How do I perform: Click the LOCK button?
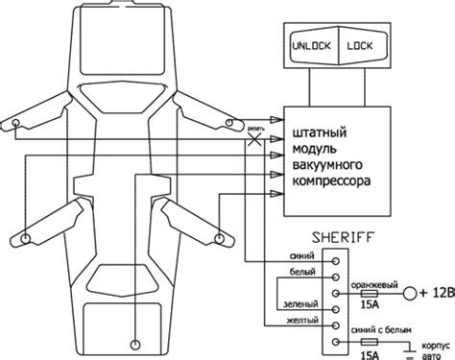[363, 45]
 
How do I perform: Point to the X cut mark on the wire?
[255, 139]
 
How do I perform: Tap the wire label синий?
[298, 255]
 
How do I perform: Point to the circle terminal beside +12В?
[411, 293]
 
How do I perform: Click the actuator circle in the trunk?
[137, 342]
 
